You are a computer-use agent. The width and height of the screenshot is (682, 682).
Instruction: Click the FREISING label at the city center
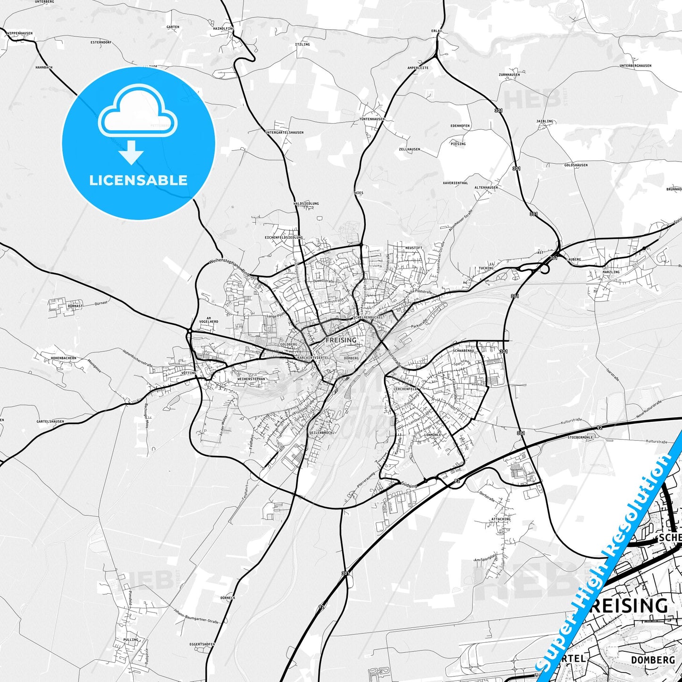pyautogui.click(x=341, y=340)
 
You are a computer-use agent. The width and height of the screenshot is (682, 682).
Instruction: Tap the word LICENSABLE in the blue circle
pyautogui.click(x=138, y=180)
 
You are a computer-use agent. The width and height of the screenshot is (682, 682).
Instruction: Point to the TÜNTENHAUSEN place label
pyautogui.click(x=372, y=119)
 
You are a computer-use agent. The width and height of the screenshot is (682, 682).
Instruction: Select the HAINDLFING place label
pyautogui.click(x=223, y=28)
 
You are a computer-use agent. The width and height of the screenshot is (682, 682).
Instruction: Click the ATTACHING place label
pyautogui.click(x=501, y=519)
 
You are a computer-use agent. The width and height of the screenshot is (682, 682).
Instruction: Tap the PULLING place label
pyautogui.click(x=131, y=640)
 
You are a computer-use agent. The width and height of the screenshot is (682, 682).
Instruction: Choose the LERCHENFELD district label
pyautogui.click(x=406, y=388)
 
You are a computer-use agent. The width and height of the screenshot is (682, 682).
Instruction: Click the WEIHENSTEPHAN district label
pyautogui.click(x=251, y=379)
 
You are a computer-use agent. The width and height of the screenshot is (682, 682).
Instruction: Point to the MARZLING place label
pyautogui.click(x=598, y=272)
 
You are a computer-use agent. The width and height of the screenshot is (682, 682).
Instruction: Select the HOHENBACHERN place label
pyautogui.click(x=63, y=358)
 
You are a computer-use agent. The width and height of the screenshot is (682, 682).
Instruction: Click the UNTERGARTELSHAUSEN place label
pyautogui.click(x=284, y=133)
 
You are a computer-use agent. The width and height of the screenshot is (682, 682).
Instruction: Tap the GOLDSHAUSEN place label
pyautogui.click(x=576, y=165)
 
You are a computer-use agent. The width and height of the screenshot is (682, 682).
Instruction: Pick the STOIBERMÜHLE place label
pyautogui.click(x=580, y=438)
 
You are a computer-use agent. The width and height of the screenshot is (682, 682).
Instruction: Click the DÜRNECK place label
pyautogui.click(x=227, y=598)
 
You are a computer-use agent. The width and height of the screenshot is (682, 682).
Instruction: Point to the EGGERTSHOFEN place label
pyautogui.click(x=202, y=644)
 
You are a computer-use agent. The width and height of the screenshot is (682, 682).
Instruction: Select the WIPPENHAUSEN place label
pyautogui.click(x=19, y=33)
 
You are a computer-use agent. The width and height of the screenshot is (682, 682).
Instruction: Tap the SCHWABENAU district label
pyautogui.click(x=463, y=351)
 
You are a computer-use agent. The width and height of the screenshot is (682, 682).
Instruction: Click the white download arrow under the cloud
pyautogui.click(x=132, y=152)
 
